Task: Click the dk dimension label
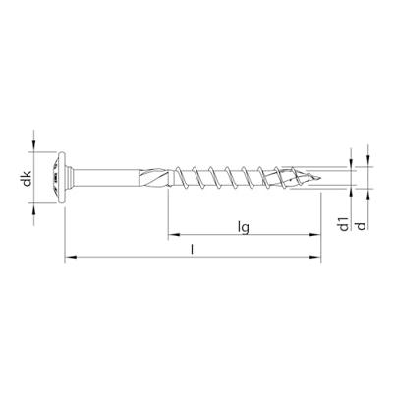point(28,179)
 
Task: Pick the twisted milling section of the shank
point(157,179)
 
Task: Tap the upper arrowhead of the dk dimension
point(36,151)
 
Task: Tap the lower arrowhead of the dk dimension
point(36,206)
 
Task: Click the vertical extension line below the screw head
point(65,231)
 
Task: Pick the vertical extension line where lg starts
point(168,216)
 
